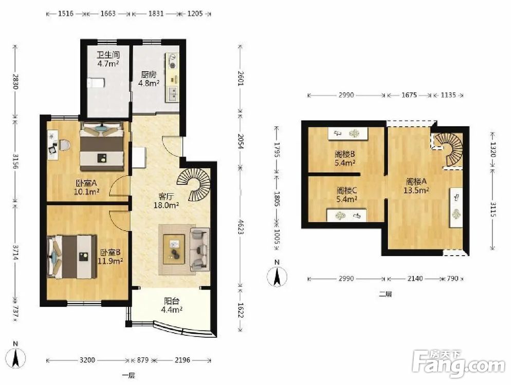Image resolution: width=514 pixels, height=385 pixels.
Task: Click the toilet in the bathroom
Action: point(96,82)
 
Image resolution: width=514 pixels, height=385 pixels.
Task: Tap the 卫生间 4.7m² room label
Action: point(108,59)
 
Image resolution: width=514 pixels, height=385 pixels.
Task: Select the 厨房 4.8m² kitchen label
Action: point(149,79)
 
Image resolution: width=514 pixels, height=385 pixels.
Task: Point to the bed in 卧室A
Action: point(102,146)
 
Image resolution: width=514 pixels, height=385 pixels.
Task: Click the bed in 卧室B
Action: point(72,257)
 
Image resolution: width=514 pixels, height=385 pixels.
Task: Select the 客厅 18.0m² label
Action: point(166,201)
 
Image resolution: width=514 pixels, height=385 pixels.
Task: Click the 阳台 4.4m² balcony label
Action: point(172,305)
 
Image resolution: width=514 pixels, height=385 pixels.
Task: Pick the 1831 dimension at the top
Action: point(156,14)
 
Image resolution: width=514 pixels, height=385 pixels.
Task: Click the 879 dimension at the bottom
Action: point(143,360)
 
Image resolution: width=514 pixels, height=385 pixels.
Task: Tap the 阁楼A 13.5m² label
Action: point(416,186)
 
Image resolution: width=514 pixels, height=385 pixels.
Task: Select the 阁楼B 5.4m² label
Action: point(345,158)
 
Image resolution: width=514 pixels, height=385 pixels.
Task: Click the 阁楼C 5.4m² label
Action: point(346,195)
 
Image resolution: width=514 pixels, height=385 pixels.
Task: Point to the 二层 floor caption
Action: point(385,294)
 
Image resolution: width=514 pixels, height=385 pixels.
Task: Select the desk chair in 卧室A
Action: point(64,145)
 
